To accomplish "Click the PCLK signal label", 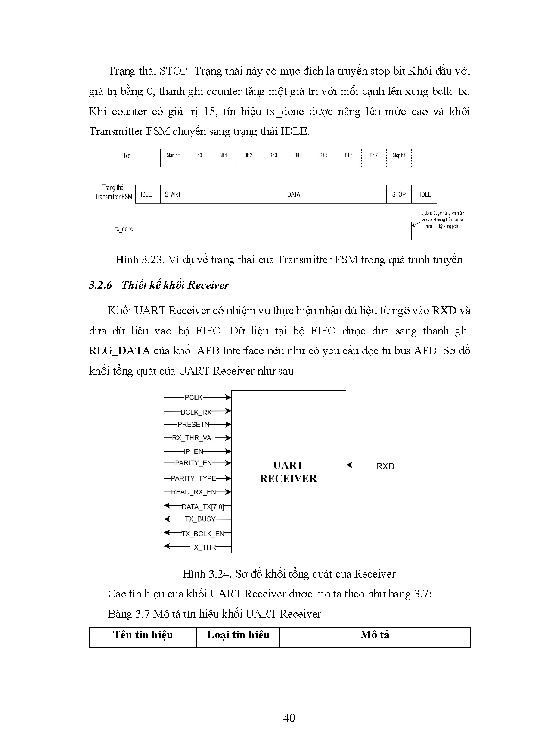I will tap(193, 397).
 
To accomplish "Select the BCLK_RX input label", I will tap(196, 412).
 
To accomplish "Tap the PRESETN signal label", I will tap(193, 425).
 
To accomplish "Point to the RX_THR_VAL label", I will tap(193, 438).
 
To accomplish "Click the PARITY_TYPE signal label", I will tap(193, 478).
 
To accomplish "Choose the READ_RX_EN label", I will tap(193, 492).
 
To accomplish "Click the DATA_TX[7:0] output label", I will tap(202, 507).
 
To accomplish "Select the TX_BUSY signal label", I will tap(200, 519).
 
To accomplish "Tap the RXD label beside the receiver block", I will tap(385, 466).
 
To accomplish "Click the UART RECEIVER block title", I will tap(288, 472).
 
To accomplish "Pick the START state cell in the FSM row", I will tap(173, 194).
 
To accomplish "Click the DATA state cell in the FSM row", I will tap(293, 194).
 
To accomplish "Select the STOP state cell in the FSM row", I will tap(399, 194).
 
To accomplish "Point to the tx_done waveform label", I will tap(124, 229).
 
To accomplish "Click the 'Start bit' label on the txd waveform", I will tap(173, 155).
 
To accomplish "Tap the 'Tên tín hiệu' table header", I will tap(143, 635).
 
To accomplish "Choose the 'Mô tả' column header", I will tap(375, 635).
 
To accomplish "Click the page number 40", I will tap(289, 718).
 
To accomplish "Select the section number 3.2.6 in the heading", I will tap(100, 285).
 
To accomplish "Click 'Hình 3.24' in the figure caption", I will tap(205, 574).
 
